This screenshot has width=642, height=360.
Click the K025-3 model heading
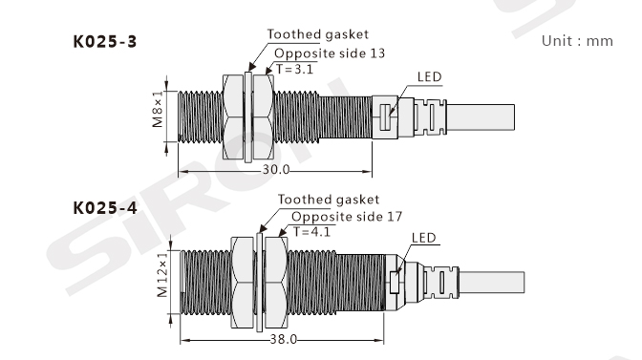(x=105, y=42)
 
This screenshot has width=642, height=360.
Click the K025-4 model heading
(x=105, y=208)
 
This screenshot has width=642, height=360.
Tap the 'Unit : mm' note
(x=577, y=41)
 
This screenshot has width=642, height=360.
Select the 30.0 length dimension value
(x=276, y=169)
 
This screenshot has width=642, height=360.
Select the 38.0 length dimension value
(x=284, y=339)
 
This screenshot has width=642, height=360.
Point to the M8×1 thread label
(x=158, y=109)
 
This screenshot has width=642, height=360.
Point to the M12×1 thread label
(x=162, y=274)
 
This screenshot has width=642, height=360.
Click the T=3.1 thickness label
(x=295, y=69)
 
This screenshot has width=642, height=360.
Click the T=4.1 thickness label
(x=311, y=231)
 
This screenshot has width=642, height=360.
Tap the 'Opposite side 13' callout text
(x=330, y=53)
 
